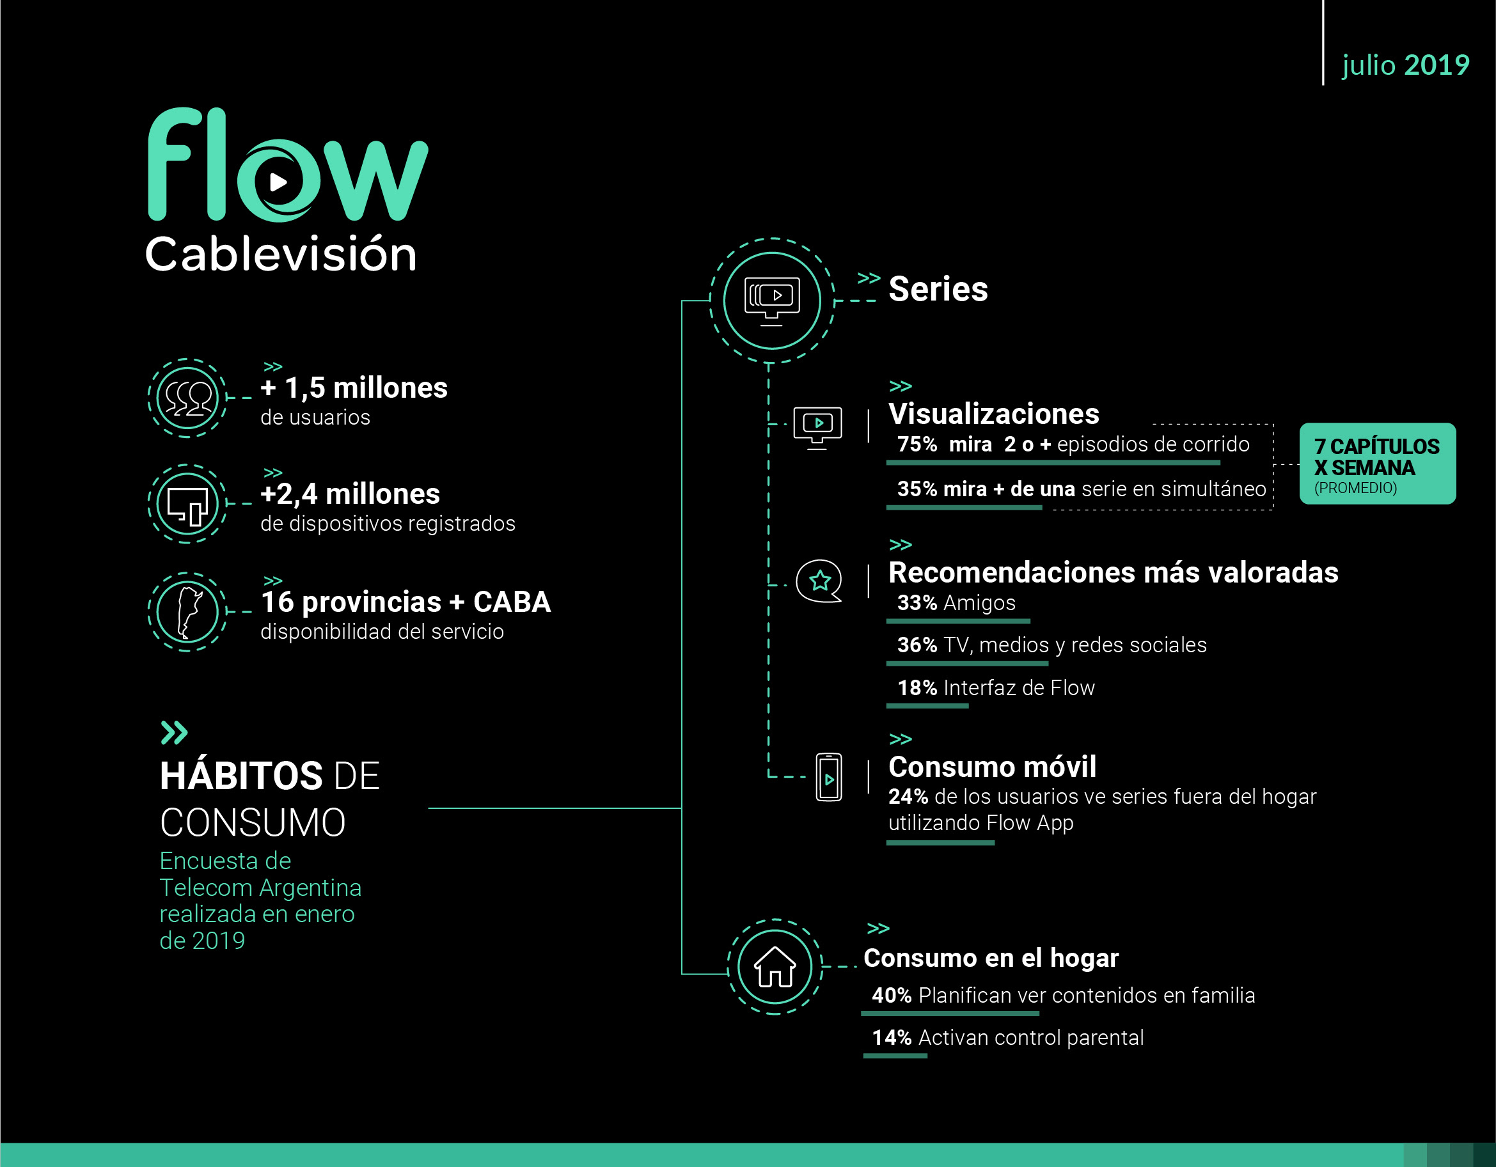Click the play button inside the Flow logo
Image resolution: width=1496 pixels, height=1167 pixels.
pos(278,182)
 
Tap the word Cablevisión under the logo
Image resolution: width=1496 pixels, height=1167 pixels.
pos(281,253)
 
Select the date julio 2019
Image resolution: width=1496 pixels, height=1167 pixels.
pos(1406,65)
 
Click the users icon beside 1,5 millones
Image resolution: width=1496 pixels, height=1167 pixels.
pos(187,398)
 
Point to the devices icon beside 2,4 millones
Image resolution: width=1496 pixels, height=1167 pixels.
pos(187,504)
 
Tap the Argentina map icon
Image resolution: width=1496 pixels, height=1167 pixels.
pos(187,611)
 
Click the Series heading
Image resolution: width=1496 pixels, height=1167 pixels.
pos(938,289)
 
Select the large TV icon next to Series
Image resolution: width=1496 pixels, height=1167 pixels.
pos(772,301)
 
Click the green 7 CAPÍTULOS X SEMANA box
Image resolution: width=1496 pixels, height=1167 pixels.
pos(1378,464)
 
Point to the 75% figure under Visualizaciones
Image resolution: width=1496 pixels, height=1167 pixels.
pos(917,444)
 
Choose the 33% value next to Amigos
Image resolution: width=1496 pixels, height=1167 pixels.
pos(917,602)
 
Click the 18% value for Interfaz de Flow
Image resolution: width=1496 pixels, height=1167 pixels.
pos(917,687)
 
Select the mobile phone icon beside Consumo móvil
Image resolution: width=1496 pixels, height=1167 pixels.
pos(829,777)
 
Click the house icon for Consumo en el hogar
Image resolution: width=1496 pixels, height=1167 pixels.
pos(775,966)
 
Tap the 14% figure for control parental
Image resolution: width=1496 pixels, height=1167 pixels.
pos(892,1038)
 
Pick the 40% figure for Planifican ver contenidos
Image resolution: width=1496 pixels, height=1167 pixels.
pos(892,995)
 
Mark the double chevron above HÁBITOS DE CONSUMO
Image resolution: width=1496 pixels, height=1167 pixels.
pos(174,733)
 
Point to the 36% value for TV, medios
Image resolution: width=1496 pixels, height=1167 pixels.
pos(917,645)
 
